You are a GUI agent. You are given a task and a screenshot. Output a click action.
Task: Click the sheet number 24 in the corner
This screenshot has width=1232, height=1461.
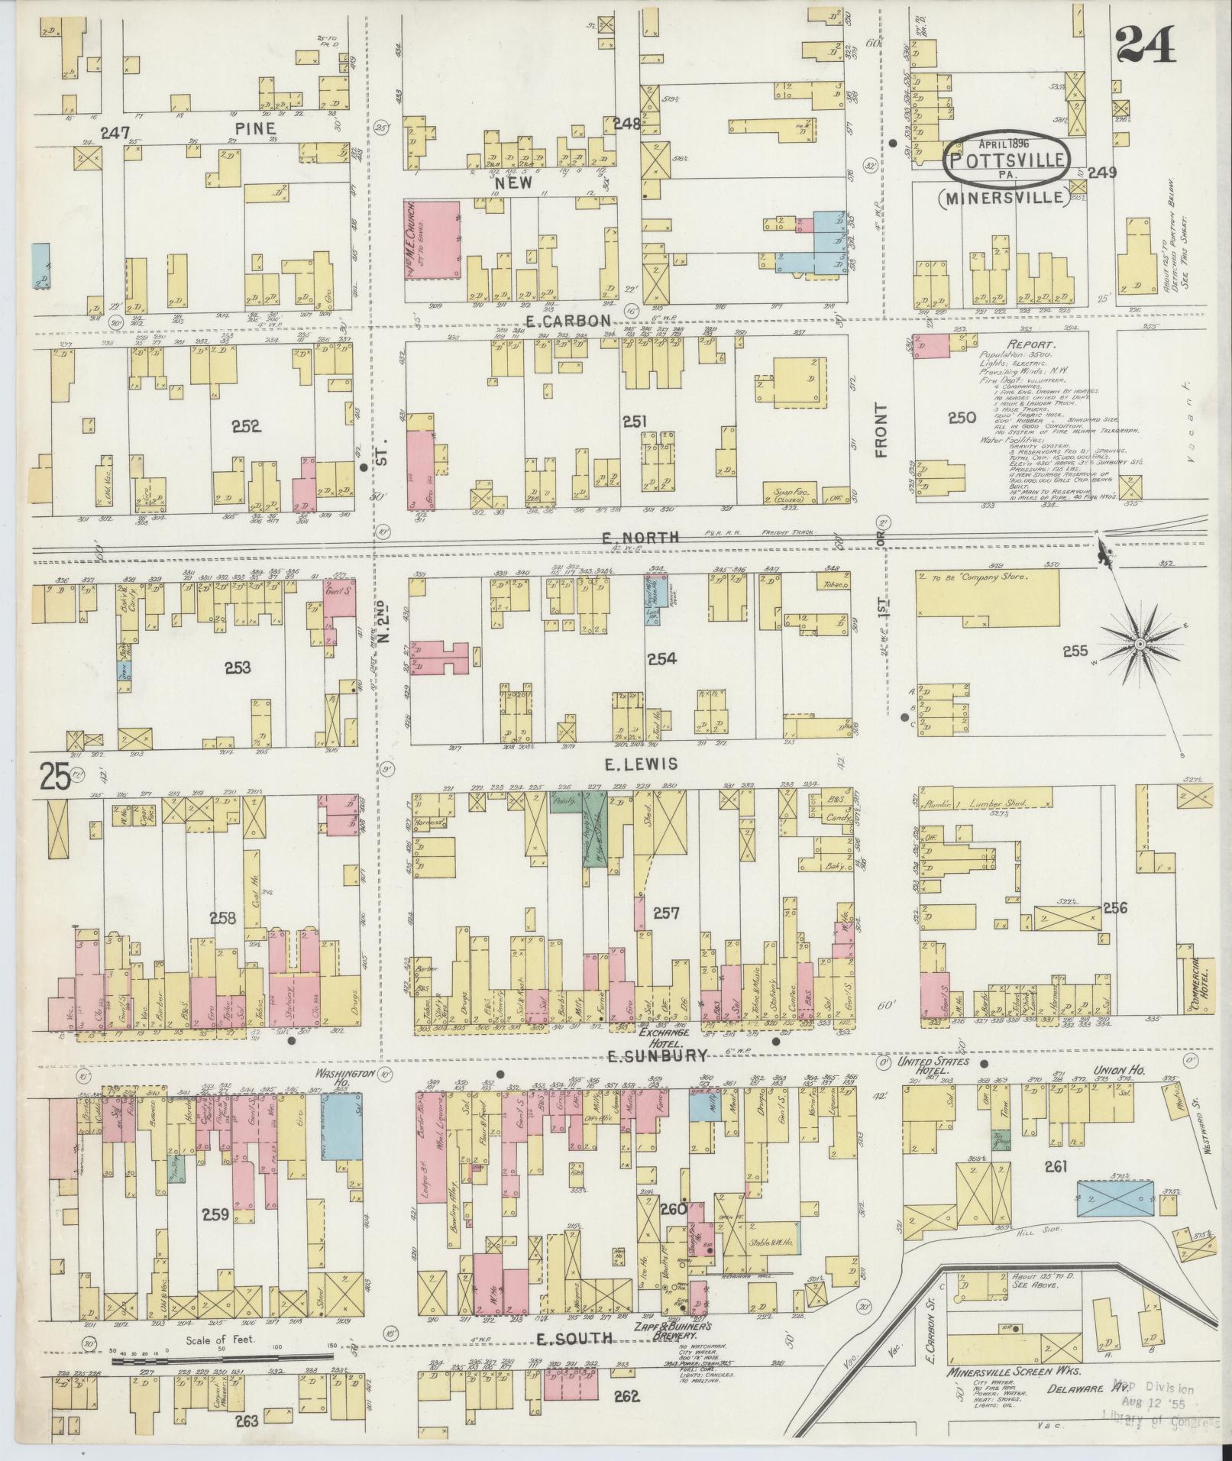click(1146, 46)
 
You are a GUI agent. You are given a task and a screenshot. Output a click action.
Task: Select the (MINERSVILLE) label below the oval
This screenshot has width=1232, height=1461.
click(1001, 197)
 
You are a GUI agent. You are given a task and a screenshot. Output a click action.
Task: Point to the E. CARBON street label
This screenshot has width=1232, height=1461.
click(568, 320)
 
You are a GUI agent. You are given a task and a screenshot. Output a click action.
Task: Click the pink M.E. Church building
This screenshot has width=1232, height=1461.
click(432, 240)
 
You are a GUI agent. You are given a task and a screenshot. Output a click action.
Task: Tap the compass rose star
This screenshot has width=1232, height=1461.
click(1139, 645)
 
